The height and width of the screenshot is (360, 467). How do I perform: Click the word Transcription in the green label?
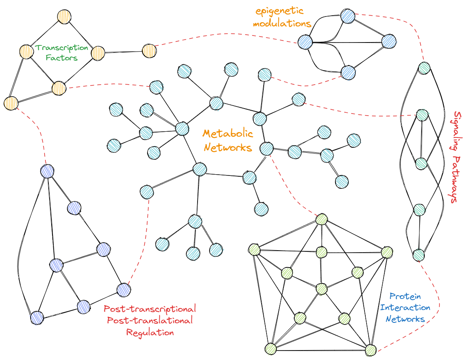62,48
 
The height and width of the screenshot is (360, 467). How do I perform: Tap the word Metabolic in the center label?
228,134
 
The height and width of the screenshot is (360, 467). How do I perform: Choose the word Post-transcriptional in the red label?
150,309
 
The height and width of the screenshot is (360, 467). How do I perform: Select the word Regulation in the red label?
150,332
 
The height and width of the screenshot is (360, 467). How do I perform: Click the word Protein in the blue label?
405,296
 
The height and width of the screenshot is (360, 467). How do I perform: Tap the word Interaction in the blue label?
405,308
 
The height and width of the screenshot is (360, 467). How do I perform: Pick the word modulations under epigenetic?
282,24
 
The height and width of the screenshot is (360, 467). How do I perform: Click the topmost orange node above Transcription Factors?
63,17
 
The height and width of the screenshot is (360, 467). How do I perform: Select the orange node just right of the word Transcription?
98,53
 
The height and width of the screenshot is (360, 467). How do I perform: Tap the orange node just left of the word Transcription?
26,52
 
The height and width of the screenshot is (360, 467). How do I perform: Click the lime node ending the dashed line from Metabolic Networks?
322,219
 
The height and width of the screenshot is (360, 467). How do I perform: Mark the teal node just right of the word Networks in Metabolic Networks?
267,149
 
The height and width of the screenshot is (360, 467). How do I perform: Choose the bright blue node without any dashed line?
389,41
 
